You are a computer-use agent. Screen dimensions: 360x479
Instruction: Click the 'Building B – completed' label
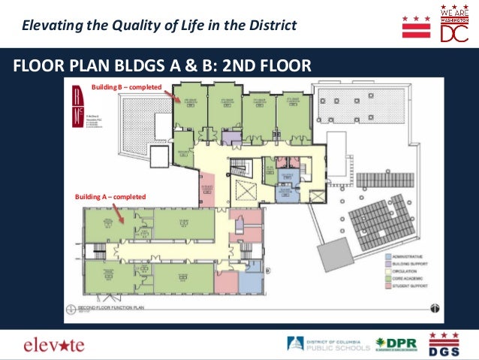(126, 88)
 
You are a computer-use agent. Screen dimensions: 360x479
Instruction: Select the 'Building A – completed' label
(110, 197)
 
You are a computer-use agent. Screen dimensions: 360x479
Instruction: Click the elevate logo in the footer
(54, 345)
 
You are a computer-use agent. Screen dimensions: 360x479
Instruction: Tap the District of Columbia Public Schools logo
(328, 345)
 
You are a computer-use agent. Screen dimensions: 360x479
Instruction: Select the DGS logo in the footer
(444, 343)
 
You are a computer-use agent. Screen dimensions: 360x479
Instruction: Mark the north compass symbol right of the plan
(434, 307)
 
